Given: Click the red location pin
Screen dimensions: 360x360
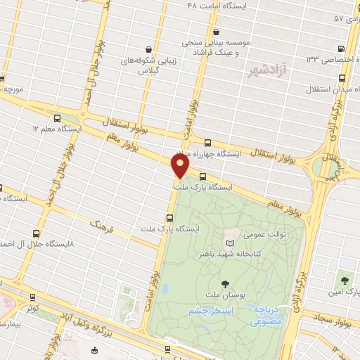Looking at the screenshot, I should [180, 166].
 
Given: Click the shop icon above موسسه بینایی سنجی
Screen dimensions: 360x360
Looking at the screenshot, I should [216, 31].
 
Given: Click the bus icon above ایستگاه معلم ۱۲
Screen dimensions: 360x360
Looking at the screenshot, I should [56, 119].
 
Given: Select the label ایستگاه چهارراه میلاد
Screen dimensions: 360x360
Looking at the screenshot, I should [210, 153].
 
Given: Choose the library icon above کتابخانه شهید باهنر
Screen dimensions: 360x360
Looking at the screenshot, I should [229, 240].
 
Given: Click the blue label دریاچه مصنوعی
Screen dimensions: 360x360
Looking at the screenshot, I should [266, 314].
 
